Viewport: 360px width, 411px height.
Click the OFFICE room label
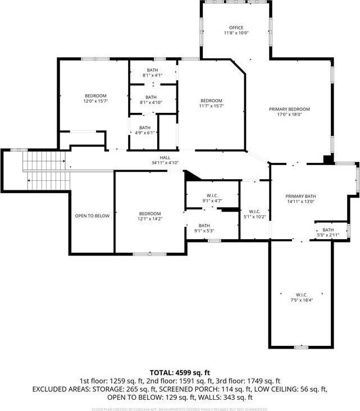click(236, 28)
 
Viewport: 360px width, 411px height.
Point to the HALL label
click(165, 158)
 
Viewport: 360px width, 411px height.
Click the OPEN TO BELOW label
click(92, 216)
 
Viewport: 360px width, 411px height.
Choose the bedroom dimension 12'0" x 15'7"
click(95, 102)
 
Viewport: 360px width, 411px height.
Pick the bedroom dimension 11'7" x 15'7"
click(212, 106)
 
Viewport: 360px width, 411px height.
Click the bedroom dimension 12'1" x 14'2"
click(150, 219)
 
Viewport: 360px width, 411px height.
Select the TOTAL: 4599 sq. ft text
click(180, 372)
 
